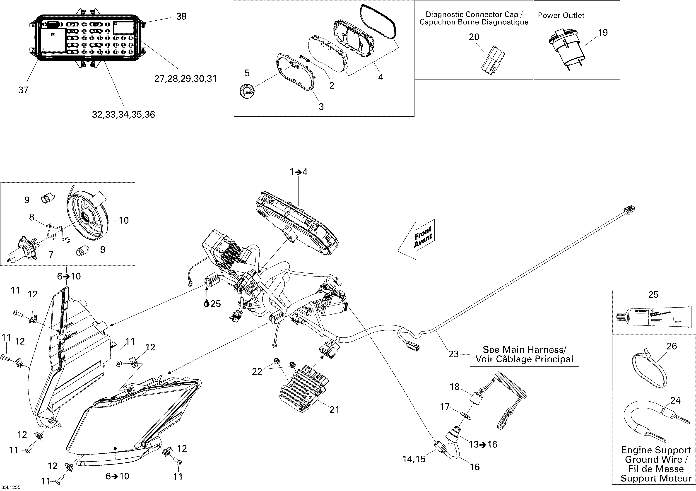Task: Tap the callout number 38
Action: tap(181, 17)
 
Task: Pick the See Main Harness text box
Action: tap(524, 355)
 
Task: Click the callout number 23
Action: tap(453, 354)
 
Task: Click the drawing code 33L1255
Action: tap(11, 487)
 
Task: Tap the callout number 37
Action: tap(23, 90)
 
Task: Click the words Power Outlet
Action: tap(561, 15)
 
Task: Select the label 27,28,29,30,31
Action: tap(185, 79)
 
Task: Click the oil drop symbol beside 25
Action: tap(207, 303)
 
